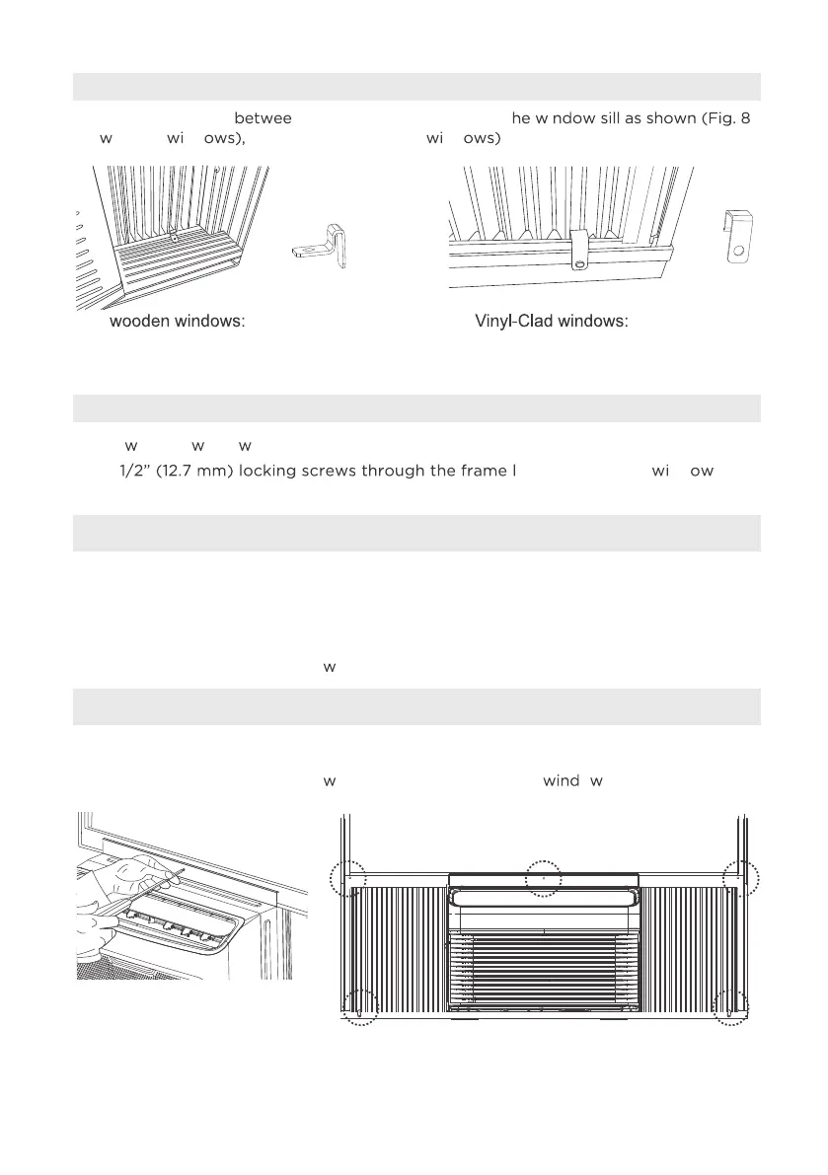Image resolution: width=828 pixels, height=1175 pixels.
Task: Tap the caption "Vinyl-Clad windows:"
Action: coord(552,323)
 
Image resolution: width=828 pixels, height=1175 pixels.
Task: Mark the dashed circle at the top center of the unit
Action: coord(543,876)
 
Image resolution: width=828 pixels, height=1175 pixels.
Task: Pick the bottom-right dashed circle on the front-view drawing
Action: coord(731,1007)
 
